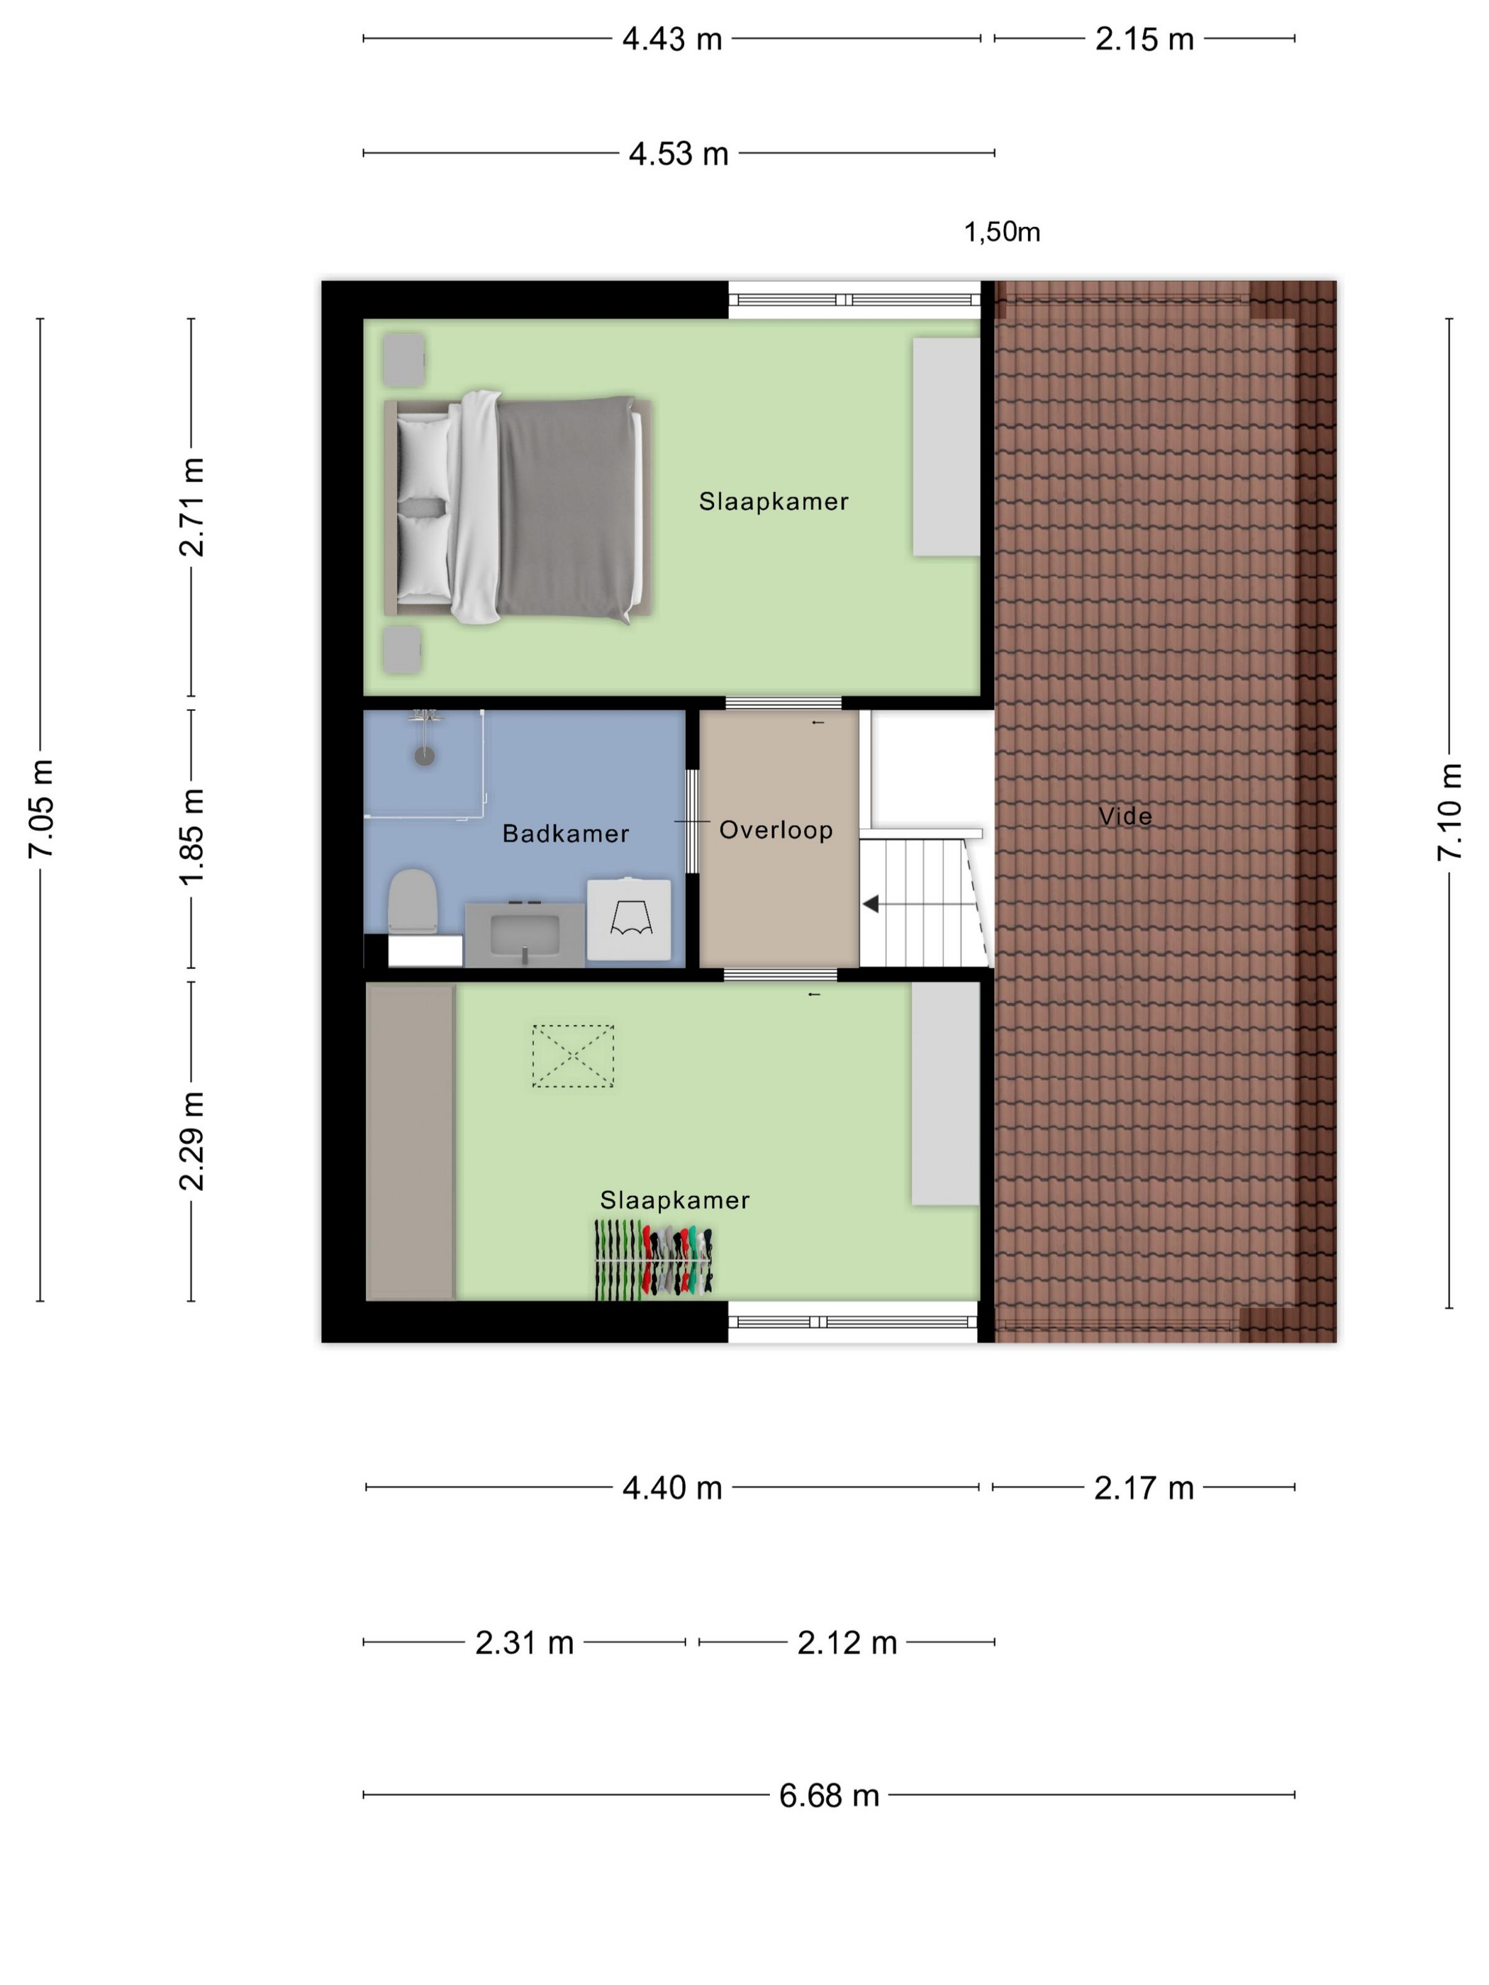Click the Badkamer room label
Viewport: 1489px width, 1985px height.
565,834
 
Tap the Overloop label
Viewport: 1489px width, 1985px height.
776,830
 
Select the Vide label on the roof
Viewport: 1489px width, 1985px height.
1125,816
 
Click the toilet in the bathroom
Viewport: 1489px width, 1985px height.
413,900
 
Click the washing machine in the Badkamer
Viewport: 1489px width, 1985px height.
629,919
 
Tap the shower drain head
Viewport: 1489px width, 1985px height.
425,756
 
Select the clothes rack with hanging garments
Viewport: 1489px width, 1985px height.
654,1260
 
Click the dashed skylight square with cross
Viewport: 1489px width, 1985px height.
574,1056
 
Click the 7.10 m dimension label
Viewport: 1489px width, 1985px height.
1449,812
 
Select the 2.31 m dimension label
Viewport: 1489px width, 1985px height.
524,1642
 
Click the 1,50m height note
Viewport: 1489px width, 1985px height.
1002,233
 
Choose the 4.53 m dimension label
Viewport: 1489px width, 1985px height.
679,153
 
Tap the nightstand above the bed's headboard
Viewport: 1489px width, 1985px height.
404,359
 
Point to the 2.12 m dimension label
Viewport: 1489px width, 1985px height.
847,1642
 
